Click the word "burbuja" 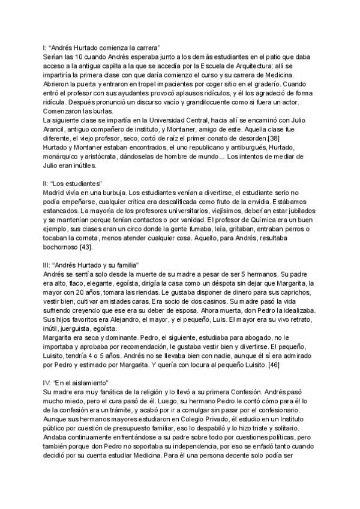110,192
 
